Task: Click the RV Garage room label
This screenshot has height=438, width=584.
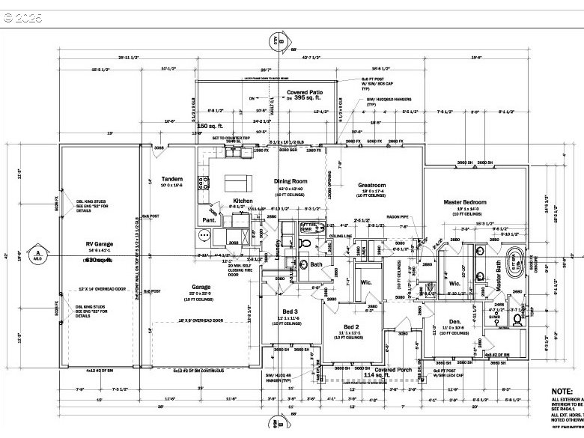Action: click(99, 245)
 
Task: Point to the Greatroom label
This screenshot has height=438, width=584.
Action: click(371, 184)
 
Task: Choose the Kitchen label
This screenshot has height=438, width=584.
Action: click(243, 201)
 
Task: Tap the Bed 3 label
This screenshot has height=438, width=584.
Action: click(291, 311)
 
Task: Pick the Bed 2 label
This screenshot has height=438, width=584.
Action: click(352, 327)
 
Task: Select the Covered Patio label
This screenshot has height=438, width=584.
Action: click(305, 91)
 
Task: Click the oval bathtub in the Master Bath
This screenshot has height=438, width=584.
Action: click(516, 262)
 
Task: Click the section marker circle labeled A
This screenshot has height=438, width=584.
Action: click(35, 255)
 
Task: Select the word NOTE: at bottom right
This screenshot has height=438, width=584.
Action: click(562, 392)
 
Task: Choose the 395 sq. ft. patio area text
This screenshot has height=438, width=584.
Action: click(307, 98)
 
